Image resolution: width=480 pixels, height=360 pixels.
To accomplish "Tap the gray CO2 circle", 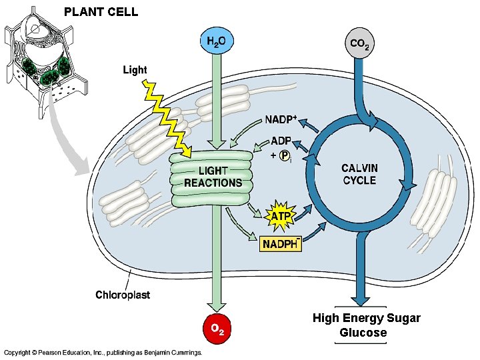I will [359, 45].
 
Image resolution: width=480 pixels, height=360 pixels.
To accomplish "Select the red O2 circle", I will [217, 328].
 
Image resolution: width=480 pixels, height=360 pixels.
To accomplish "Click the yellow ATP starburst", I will [279, 215].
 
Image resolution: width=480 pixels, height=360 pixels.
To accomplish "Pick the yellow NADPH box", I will [281, 244].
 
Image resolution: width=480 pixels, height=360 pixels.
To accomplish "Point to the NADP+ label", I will [281, 120].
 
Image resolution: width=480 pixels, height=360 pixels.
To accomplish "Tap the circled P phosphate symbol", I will [285, 155].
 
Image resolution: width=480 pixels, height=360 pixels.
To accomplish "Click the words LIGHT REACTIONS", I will [213, 177].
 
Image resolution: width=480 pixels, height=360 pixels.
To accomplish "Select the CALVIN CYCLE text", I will [359, 174].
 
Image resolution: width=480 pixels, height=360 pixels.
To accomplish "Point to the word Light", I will [134, 69].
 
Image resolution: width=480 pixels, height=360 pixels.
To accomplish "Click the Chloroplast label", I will [123, 294].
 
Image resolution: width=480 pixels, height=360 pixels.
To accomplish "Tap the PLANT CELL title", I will [101, 11].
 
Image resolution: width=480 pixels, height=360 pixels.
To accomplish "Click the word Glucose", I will [363, 333].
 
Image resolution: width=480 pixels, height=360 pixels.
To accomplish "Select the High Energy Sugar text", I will [366, 318].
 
